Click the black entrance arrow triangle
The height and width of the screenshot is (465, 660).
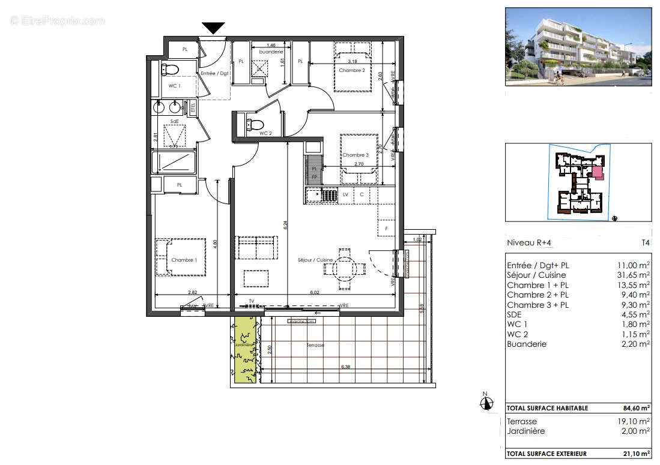213,28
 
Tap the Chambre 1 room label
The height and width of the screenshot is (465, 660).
183,260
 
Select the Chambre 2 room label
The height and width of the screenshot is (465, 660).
351,70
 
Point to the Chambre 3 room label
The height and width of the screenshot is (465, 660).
356,155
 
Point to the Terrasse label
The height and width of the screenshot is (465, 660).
315,345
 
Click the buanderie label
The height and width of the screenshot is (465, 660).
271,52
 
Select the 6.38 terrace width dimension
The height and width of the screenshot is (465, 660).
347,367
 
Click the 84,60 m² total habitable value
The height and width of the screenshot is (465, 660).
637,408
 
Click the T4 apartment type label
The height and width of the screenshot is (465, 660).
645,243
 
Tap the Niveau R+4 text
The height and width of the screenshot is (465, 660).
528,243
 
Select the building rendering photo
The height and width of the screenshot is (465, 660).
578,46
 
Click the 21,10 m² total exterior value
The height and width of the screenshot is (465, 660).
637,454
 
